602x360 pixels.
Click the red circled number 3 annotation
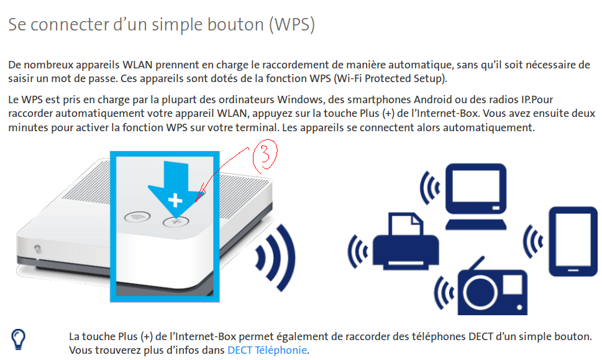coord(263,157)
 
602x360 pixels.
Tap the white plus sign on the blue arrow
coord(176,200)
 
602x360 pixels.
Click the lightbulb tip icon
coord(19,339)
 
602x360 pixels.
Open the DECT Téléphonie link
coord(267,350)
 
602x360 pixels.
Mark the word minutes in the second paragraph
coord(27,127)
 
